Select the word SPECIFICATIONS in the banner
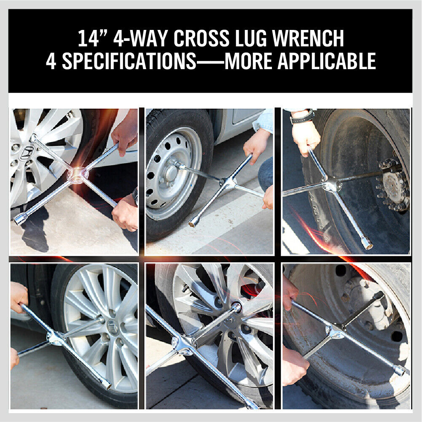129,62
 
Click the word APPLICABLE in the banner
326,62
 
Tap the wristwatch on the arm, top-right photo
302,117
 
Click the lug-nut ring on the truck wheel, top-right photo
392,185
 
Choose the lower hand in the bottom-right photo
294,366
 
